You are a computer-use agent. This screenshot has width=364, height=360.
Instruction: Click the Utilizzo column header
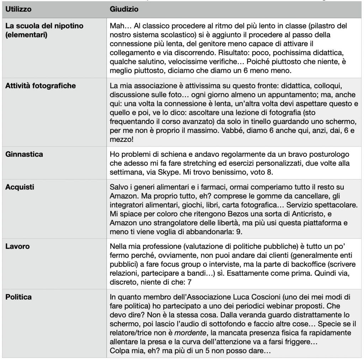coord(17,9)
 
